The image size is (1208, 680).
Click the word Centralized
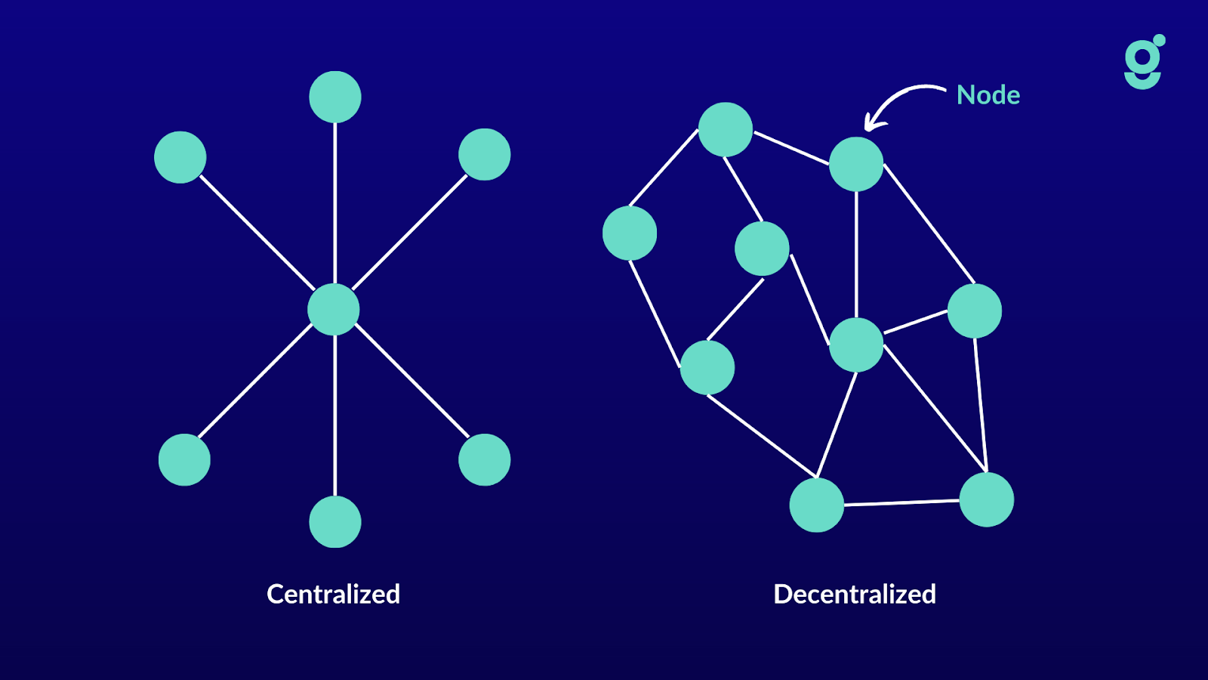pos(333,594)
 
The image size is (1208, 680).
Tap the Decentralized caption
pos(855,594)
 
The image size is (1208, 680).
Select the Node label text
pos(988,95)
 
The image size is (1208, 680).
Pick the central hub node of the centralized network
pos(334,309)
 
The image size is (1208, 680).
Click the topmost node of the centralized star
pos(335,97)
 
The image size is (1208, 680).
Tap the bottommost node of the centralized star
pos(335,521)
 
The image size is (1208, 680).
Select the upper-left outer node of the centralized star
pos(180,157)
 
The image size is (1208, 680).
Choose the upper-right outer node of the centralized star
pos(485,154)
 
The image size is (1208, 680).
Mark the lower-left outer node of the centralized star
pos(184,459)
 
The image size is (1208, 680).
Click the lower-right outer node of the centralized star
pos(485,459)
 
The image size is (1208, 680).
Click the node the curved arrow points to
pos(856,164)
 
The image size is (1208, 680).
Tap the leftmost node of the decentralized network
pos(630,233)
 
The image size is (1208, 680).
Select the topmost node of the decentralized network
pos(726,129)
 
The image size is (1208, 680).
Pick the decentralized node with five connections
pos(856,345)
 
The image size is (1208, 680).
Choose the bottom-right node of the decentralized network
pos(986,499)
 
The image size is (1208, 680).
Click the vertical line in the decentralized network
pos(856,254)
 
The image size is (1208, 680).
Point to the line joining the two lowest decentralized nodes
pos(901,502)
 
